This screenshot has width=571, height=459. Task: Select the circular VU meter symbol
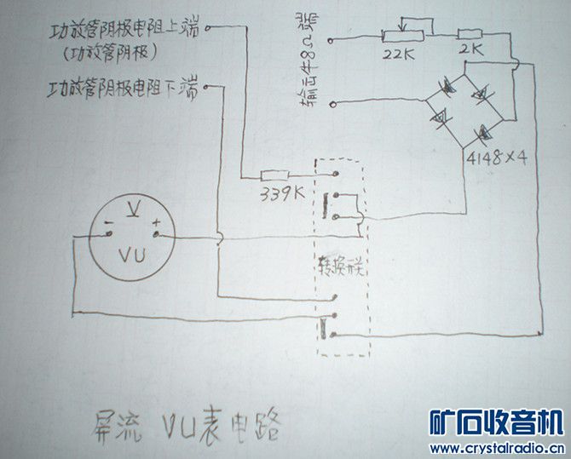pyautogui.click(x=131, y=235)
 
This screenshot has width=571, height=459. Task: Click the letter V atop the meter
pyautogui.click(x=131, y=208)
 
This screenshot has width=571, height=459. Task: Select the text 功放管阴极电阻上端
pyautogui.click(x=124, y=32)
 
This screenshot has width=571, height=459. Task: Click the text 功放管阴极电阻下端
pyautogui.click(x=123, y=88)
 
